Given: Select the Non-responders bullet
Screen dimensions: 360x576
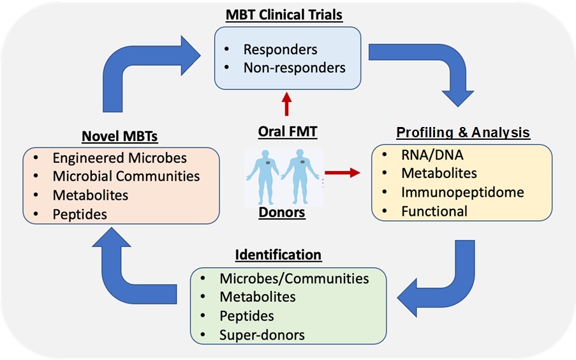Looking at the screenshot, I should [x=295, y=66].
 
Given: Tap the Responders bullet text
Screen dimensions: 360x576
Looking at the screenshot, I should [x=280, y=49].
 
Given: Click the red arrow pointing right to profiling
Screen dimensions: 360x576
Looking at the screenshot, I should [x=342, y=172].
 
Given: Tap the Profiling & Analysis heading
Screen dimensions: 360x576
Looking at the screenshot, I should [x=462, y=133].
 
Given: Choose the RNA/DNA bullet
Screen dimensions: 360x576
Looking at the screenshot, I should [x=432, y=154].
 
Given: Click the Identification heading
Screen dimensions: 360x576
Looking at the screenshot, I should [x=278, y=255].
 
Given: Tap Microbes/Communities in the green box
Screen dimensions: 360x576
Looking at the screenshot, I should [x=294, y=278].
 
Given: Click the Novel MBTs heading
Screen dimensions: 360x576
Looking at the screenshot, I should [x=121, y=136].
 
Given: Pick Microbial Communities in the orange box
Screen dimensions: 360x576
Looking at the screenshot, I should [x=126, y=176].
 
